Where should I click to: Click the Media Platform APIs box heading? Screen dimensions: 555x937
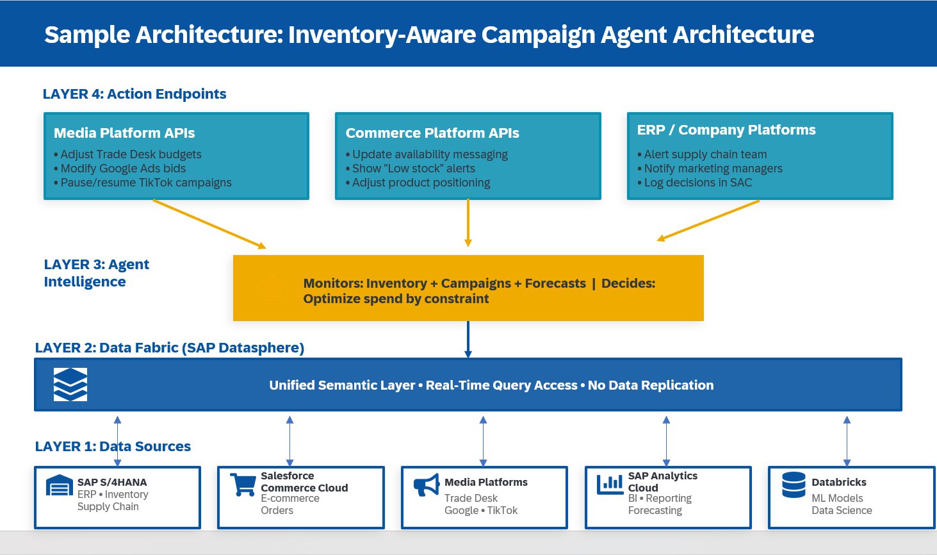click(x=124, y=133)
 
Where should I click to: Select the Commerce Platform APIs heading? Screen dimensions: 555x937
click(x=432, y=133)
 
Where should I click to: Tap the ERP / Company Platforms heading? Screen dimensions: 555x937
click(x=726, y=130)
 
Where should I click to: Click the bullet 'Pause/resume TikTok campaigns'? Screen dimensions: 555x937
click(x=146, y=183)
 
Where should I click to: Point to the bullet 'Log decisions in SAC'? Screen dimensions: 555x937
click(x=697, y=183)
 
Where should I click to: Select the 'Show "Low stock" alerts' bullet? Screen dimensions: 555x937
click(x=413, y=169)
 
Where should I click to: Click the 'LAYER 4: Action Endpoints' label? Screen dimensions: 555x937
click(x=134, y=94)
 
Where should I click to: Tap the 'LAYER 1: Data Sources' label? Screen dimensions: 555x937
click(x=113, y=447)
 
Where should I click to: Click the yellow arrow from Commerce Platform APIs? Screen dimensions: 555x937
click(x=468, y=222)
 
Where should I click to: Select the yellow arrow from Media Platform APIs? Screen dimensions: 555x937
click(x=209, y=224)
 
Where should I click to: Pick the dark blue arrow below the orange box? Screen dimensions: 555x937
click(x=468, y=339)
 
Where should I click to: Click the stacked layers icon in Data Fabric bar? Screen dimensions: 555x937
click(x=70, y=385)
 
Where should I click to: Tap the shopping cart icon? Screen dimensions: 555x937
click(x=243, y=485)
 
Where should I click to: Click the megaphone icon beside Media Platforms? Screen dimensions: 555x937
click(x=427, y=486)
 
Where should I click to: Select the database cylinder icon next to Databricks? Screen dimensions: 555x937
click(x=794, y=485)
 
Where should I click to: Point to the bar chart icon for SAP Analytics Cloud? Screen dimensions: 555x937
click(x=610, y=485)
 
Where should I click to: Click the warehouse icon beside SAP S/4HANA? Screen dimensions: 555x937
click(x=60, y=486)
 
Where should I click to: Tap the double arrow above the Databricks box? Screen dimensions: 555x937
click(x=847, y=441)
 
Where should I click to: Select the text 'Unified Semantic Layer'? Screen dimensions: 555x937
click(x=342, y=385)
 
